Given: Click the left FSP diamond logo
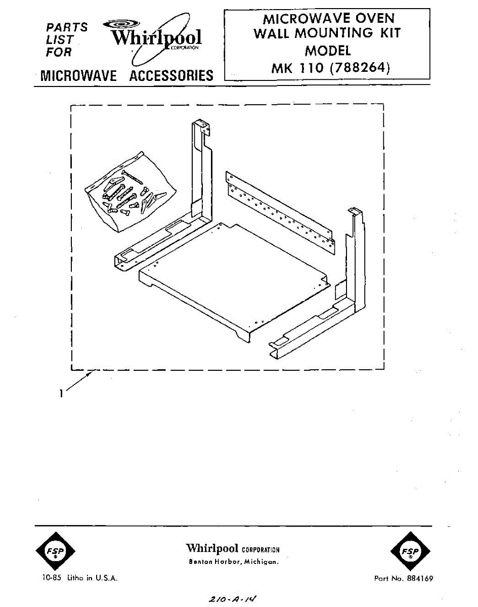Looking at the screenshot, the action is [56, 551].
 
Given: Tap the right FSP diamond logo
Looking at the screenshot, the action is [410, 551].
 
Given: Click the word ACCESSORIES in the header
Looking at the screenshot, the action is [171, 76].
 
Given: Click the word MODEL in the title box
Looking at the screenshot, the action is [327, 51].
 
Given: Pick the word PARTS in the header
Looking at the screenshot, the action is [66, 27].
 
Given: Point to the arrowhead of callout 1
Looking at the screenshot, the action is [91, 374].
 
